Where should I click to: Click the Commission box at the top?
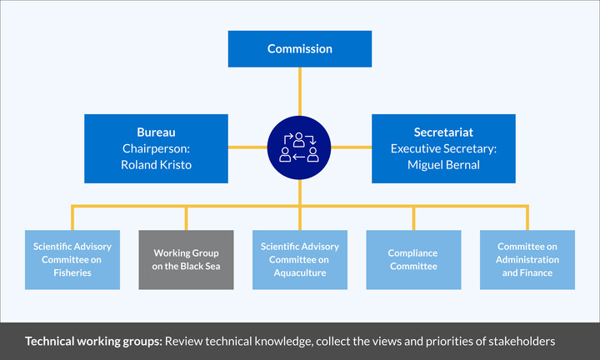click(299, 49)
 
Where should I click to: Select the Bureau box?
click(156, 148)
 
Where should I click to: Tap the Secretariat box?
click(443, 148)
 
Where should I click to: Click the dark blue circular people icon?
click(300, 147)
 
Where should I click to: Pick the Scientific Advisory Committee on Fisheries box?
click(72, 259)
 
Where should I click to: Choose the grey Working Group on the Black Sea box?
click(186, 259)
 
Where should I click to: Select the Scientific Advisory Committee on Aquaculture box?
click(300, 259)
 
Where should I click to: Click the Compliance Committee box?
click(412, 259)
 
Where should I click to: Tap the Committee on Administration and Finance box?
click(527, 259)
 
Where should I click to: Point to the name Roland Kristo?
click(156, 164)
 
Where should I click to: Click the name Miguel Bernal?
click(443, 164)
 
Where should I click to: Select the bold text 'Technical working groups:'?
click(92, 342)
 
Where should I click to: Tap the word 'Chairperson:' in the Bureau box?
click(156, 148)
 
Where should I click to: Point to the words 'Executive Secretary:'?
click(443, 148)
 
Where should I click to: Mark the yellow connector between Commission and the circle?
click(300, 92)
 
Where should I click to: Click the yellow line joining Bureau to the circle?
click(247, 148)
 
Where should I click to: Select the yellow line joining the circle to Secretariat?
click(351, 148)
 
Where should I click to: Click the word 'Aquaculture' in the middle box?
click(300, 272)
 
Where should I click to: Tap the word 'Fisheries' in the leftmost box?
click(72, 272)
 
